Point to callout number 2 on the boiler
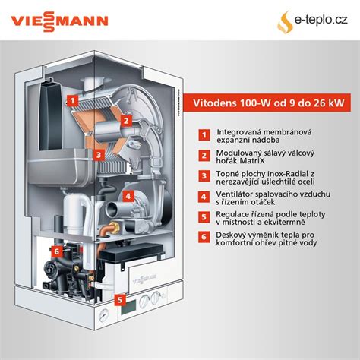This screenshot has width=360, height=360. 128,118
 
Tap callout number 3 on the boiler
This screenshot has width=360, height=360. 99,154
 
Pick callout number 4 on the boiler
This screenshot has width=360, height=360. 129,195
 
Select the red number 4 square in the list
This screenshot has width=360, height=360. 204,196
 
